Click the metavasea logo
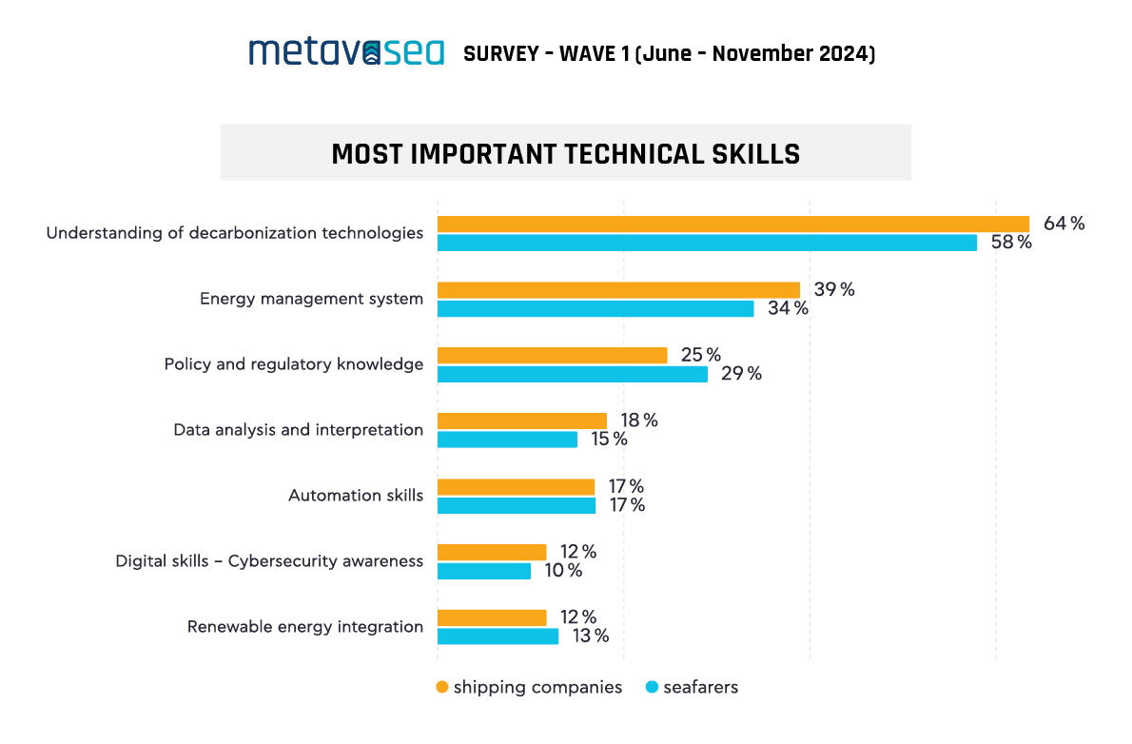[346, 51]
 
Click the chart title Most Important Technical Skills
[565, 153]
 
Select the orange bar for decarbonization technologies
[732, 224]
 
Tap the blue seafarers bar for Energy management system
[595, 308]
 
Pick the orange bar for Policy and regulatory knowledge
[552, 355]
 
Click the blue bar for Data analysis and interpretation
[507, 440]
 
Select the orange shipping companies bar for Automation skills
[516, 486]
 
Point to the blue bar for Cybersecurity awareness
[484, 571]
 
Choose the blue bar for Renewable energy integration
[498, 636]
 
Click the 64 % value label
[1064, 224]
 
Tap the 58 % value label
[1010, 243]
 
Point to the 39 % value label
[833, 289]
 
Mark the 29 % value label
[741, 374]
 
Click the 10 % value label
[562, 571]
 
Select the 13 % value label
[590, 636]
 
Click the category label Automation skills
[356, 496]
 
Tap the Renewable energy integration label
[304, 627]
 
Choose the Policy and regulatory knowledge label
[293, 364]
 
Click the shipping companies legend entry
[529, 687]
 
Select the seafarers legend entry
[692, 687]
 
